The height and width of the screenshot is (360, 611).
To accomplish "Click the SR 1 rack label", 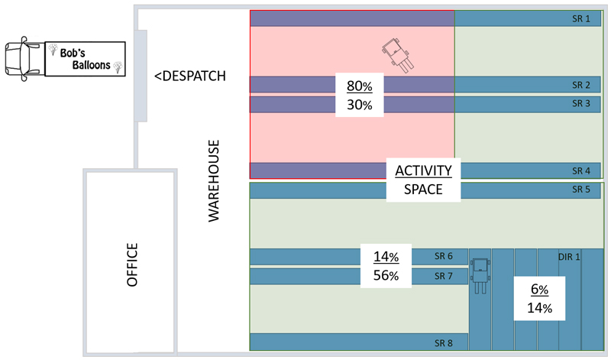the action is click(581, 18).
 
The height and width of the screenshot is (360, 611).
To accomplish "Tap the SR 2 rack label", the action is click(581, 85).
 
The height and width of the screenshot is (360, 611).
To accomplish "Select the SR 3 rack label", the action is click(581, 103).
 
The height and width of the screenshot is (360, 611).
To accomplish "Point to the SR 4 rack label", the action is click(581, 171).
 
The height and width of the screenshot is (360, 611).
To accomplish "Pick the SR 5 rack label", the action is click(581, 189).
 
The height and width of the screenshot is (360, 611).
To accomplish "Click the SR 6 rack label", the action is click(444, 256).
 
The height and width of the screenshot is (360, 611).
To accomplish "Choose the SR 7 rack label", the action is click(444, 276).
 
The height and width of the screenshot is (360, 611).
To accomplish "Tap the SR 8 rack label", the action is click(444, 343).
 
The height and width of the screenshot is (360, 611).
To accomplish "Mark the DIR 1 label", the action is click(569, 257).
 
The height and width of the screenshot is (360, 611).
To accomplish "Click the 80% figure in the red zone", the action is click(359, 86).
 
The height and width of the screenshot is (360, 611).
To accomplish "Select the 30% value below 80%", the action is click(359, 105).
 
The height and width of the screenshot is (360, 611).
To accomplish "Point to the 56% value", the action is click(386, 275).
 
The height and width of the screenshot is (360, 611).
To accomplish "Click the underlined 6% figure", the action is click(539, 289).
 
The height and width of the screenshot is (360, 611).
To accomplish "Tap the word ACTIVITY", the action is click(424, 170).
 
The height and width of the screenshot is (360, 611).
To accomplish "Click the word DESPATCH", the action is click(194, 76).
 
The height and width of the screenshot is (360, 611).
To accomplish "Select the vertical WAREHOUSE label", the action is click(214, 181).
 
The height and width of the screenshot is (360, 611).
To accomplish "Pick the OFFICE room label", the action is click(132, 264).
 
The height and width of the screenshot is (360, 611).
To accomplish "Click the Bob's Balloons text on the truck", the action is click(86, 59).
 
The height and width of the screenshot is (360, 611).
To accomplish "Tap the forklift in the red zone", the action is click(398, 55).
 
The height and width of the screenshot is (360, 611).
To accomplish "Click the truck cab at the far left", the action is click(23, 59).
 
